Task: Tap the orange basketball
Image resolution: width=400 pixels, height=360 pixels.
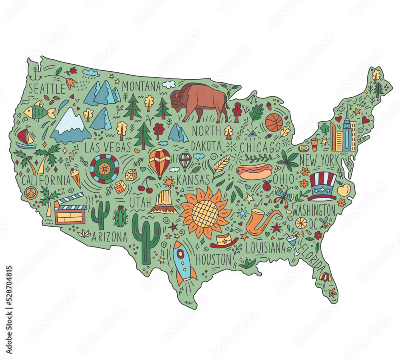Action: click(x=274, y=123)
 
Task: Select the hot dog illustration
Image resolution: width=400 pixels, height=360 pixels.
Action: click(x=255, y=171)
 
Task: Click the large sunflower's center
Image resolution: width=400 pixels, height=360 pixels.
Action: click(x=205, y=213)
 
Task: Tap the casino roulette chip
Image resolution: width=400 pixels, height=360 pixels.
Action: click(x=105, y=168)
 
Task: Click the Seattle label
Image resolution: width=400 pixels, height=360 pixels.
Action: click(x=46, y=88)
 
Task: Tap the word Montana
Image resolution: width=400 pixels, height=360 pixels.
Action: click(x=141, y=86)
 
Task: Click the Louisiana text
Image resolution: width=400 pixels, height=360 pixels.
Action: click(x=266, y=248)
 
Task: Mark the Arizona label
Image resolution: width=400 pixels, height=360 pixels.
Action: click(x=109, y=237)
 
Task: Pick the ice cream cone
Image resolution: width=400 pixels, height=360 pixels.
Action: click(x=75, y=178)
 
